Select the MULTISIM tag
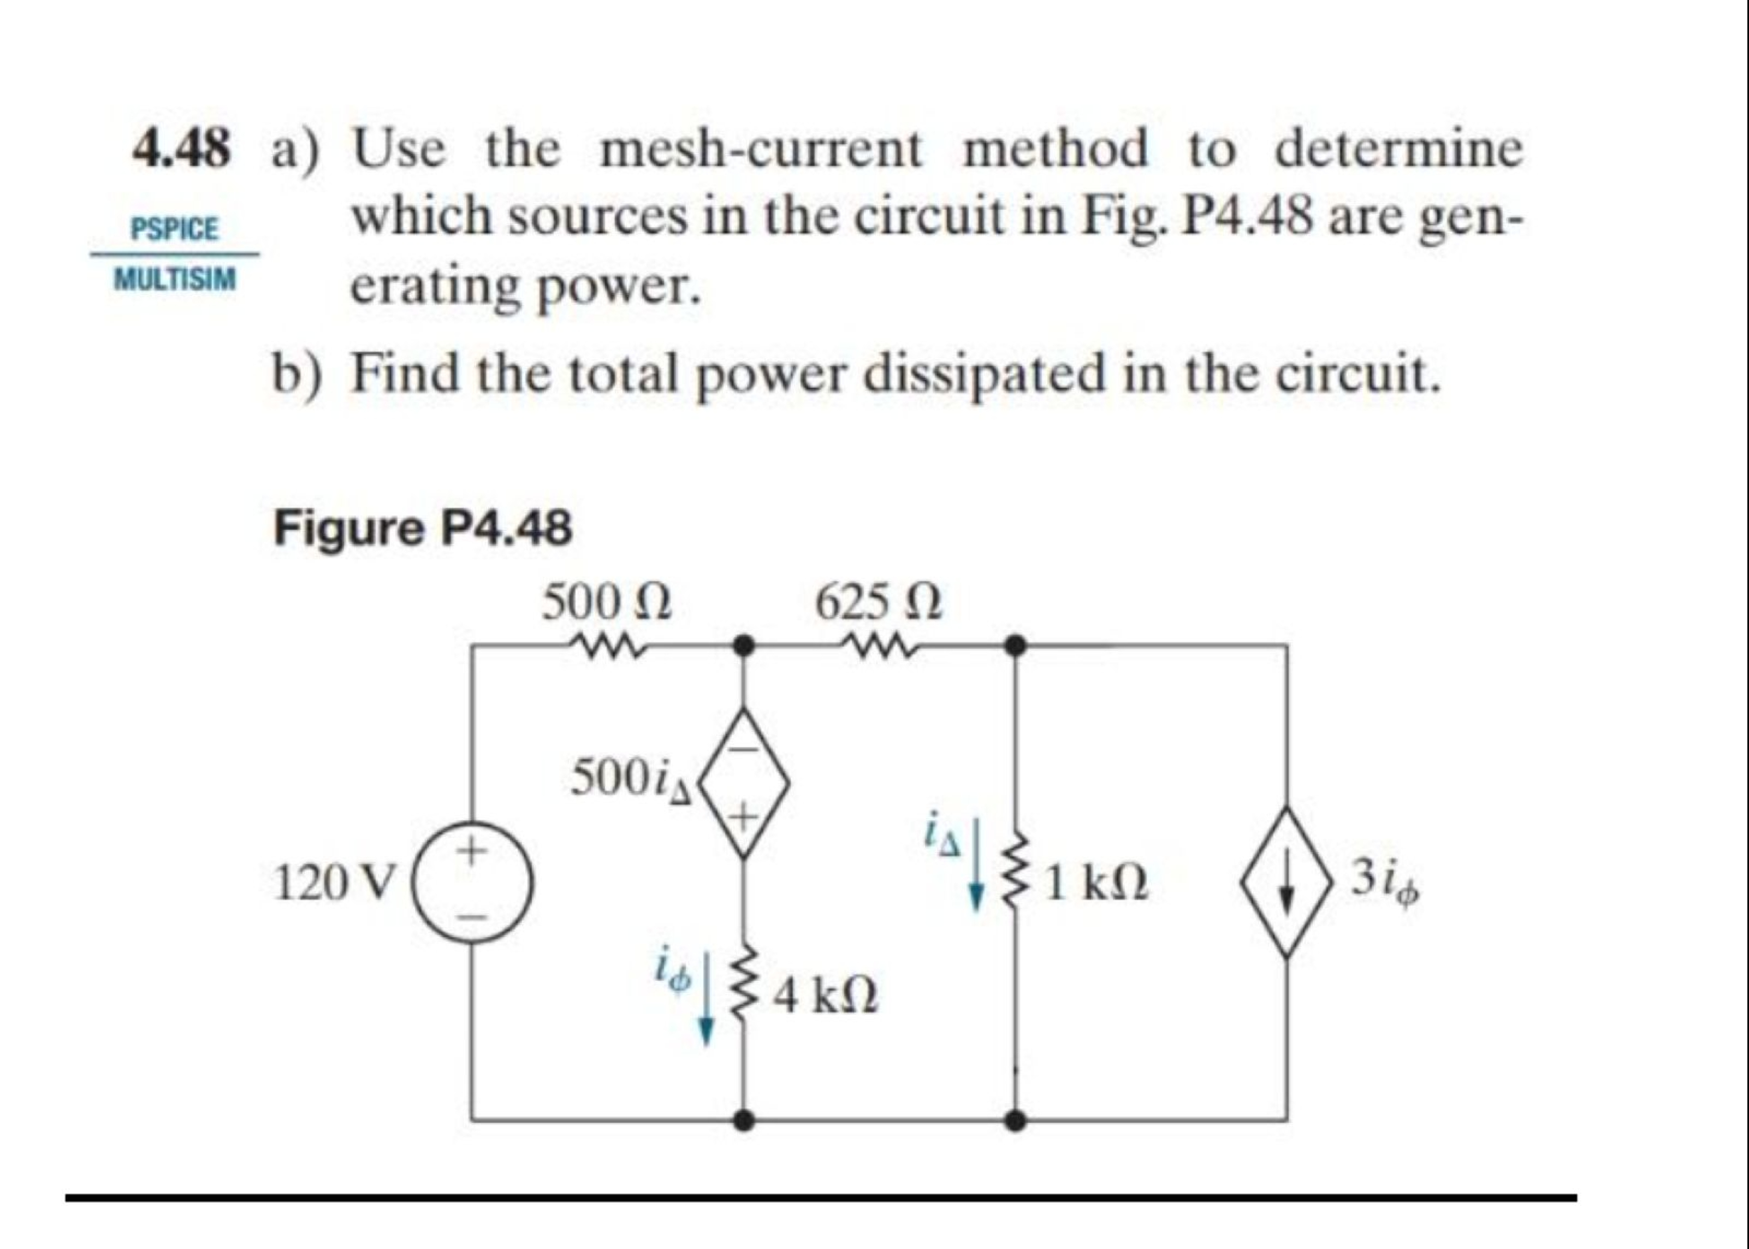click(175, 279)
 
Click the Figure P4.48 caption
click(423, 528)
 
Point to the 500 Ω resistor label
click(607, 602)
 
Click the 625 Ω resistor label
click(879, 602)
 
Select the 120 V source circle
click(473, 884)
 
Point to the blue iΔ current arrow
click(976, 877)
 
